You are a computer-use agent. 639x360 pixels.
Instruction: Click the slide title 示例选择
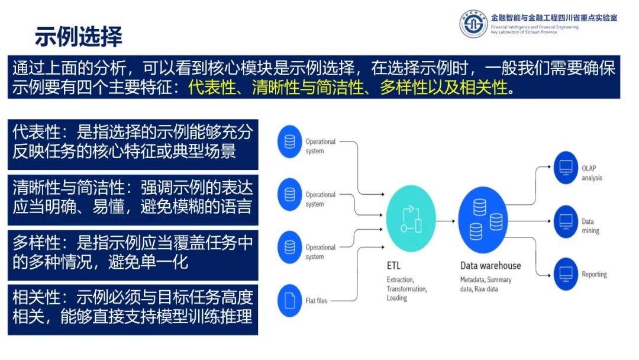(79, 37)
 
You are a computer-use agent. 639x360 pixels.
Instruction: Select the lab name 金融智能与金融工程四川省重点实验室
(554, 17)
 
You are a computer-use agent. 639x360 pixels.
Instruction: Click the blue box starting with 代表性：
(133, 143)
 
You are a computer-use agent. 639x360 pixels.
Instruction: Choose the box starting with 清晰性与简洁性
(133, 198)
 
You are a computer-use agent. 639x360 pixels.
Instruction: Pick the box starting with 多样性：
(133, 253)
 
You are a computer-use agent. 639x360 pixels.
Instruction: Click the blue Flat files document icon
(289, 300)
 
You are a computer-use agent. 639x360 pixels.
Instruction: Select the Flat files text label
(316, 301)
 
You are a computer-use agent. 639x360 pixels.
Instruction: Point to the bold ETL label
(395, 266)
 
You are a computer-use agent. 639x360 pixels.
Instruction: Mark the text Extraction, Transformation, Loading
(406, 289)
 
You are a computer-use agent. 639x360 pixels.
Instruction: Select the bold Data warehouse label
(490, 266)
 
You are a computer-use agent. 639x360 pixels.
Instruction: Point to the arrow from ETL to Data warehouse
(447, 220)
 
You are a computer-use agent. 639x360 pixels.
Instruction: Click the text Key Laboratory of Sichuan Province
(524, 32)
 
